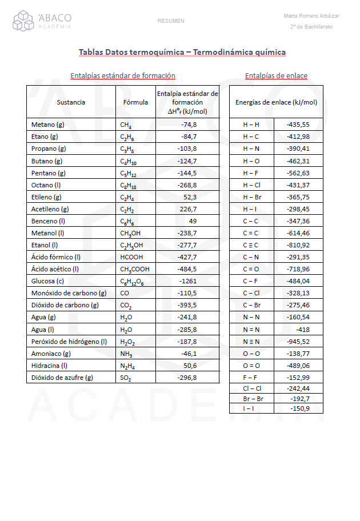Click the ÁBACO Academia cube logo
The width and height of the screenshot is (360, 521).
click(24, 21)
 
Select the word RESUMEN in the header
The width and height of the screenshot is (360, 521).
click(171, 21)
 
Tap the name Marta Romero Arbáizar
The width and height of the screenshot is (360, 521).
click(311, 16)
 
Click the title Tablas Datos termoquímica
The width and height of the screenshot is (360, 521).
click(182, 53)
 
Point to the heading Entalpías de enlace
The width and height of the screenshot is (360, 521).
click(276, 76)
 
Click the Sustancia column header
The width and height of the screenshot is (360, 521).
click(71, 102)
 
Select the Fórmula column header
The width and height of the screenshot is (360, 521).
click(135, 102)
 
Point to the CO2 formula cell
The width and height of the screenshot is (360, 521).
click(126, 306)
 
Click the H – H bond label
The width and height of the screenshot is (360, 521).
click(251, 125)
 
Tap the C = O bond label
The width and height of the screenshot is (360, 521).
click(251, 269)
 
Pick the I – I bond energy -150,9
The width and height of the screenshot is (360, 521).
click(299, 408)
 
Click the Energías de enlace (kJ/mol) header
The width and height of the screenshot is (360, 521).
click(276, 102)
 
